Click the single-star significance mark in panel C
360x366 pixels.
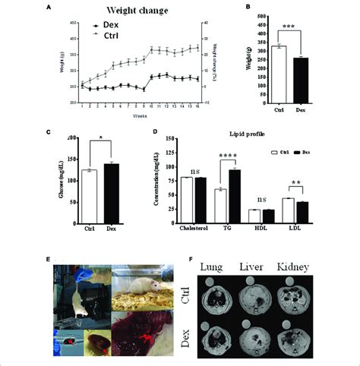[101, 141]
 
